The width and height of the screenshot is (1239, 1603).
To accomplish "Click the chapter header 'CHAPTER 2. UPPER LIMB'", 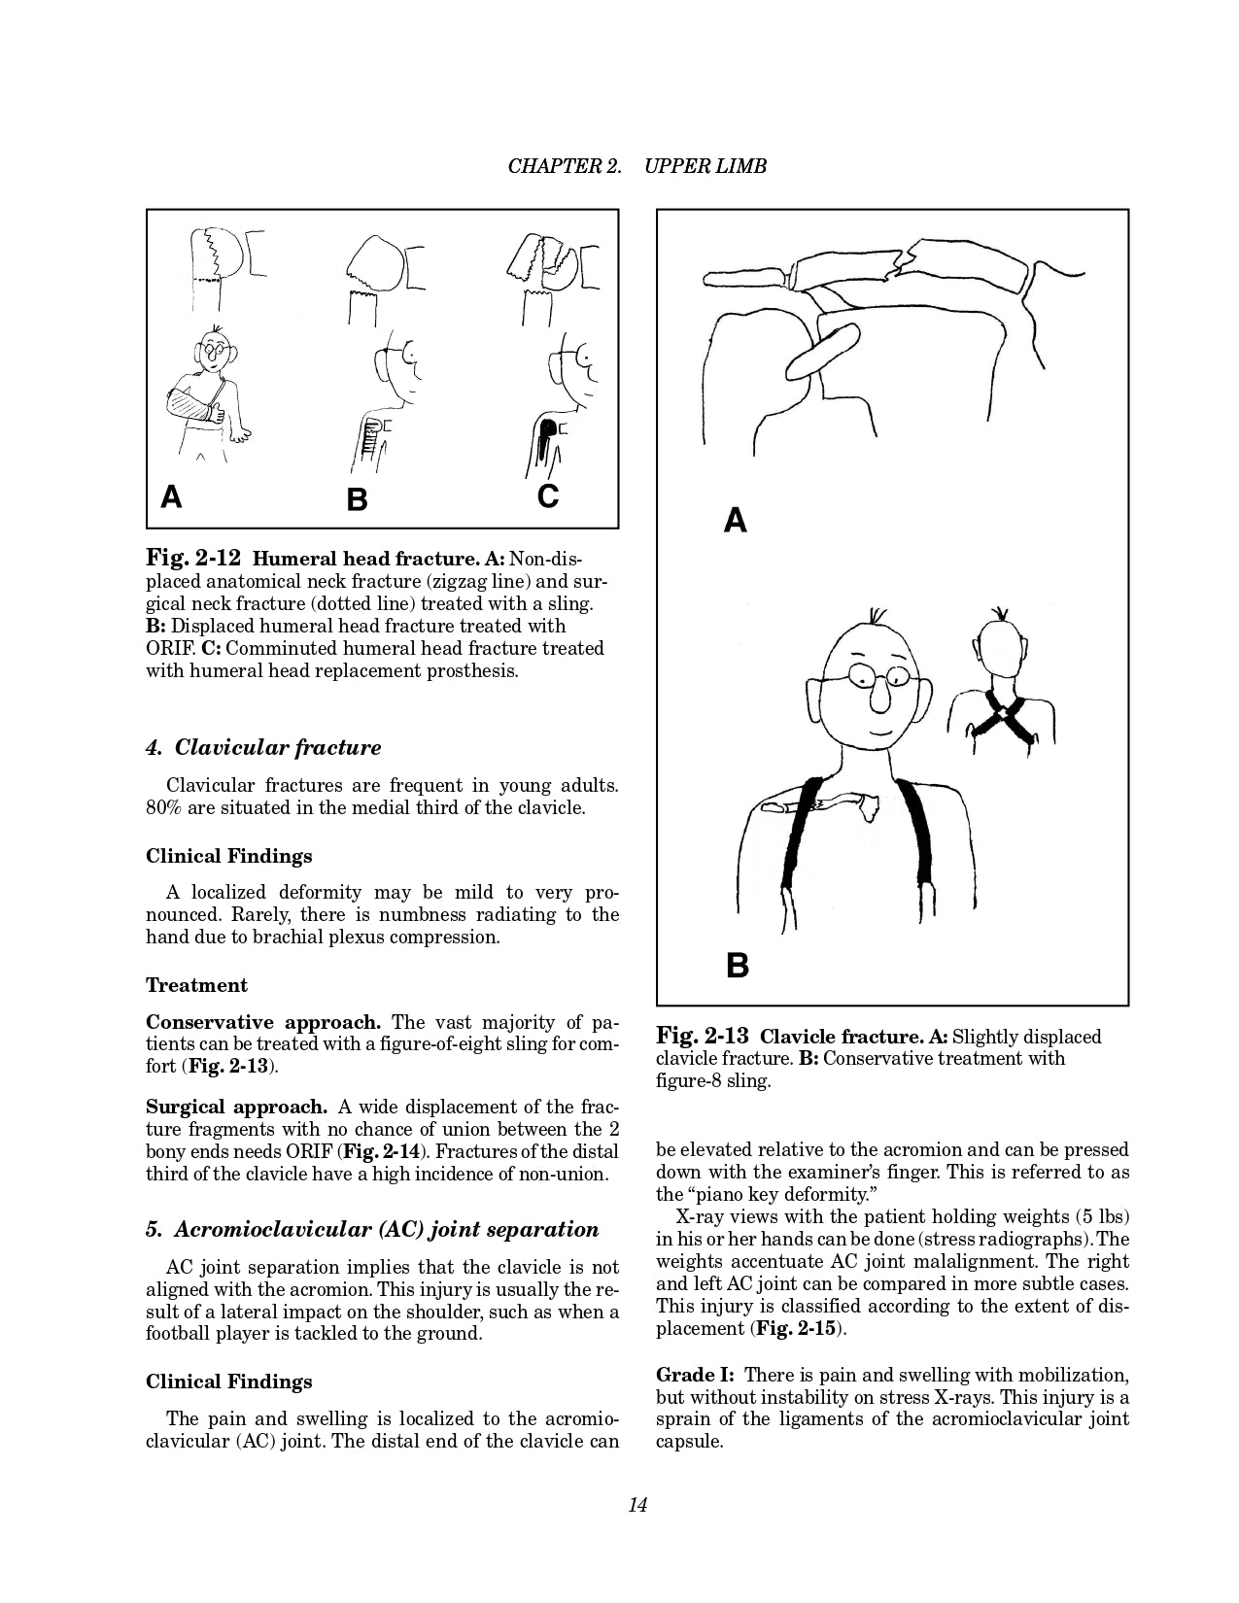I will pyautogui.click(x=637, y=166).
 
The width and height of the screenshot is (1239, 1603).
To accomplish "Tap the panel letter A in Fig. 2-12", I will pyautogui.click(x=171, y=497).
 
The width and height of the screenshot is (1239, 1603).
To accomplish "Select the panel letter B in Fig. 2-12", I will pyautogui.click(x=357, y=500).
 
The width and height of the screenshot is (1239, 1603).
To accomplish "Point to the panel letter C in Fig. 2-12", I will pyautogui.click(x=548, y=496).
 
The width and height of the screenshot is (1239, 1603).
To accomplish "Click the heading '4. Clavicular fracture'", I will pyautogui.click(x=262, y=748).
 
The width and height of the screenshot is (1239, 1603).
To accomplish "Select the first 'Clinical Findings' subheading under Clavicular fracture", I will pyautogui.click(x=228, y=856).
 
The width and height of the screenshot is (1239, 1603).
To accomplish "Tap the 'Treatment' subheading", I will pyautogui.click(x=196, y=985).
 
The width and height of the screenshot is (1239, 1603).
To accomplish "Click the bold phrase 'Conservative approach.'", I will pyautogui.click(x=262, y=1022).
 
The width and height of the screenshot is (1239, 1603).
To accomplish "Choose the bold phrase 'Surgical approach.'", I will pyautogui.click(x=236, y=1107).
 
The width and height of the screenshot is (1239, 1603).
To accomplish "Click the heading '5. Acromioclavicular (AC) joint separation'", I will pyautogui.click(x=372, y=1230).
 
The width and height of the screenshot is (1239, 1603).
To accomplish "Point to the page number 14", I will pyautogui.click(x=637, y=1505).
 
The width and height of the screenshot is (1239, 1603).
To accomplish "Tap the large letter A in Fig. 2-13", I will pyautogui.click(x=736, y=521).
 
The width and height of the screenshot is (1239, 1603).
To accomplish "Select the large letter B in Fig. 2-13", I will pyautogui.click(x=738, y=966).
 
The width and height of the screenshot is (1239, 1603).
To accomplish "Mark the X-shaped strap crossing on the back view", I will pyautogui.click(x=1002, y=717).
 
